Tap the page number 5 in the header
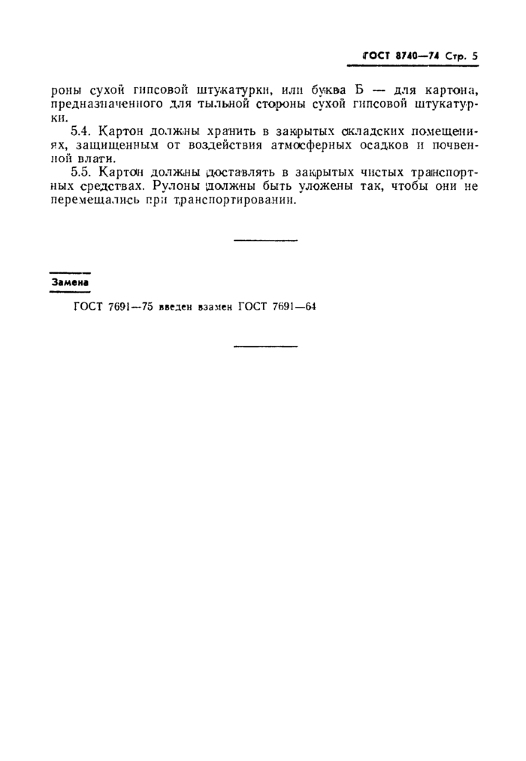[x=474, y=55]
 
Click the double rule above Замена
[x=69, y=272]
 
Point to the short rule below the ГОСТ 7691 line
[x=265, y=346]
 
